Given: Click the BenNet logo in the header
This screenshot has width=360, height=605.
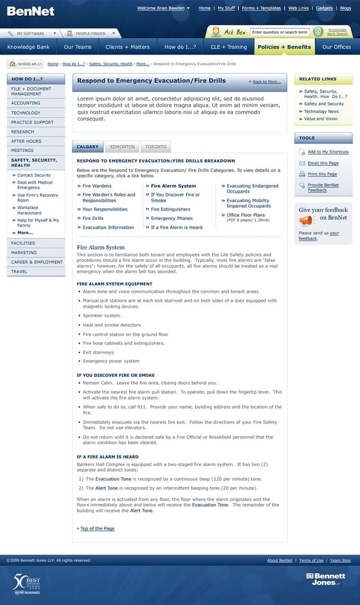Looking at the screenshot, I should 31,11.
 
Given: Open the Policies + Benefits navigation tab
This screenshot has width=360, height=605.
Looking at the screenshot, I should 284,47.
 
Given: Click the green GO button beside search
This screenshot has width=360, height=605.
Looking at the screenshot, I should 318,32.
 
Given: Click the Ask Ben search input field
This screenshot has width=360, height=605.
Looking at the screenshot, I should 280,32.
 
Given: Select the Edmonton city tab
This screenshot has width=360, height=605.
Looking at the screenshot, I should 122,147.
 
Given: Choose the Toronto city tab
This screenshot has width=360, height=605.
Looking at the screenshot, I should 156,147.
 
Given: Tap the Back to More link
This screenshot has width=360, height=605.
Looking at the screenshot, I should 266,82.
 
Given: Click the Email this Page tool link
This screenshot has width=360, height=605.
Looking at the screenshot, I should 323,163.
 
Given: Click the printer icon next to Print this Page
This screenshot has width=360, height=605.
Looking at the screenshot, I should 302,174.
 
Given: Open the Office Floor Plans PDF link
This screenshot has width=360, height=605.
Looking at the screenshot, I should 246,215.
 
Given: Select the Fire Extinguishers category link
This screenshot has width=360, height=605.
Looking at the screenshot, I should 170,209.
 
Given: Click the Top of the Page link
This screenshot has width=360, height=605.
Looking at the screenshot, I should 97,528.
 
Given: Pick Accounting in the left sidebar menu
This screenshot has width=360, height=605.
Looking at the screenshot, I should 25,103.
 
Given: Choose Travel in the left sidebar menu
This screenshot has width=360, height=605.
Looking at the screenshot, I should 19,272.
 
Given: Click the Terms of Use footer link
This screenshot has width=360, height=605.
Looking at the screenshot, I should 311,560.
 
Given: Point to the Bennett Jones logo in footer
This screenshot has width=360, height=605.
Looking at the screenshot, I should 326,579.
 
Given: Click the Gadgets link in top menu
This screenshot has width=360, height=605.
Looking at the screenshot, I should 324,8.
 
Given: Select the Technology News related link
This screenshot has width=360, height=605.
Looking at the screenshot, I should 321,111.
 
